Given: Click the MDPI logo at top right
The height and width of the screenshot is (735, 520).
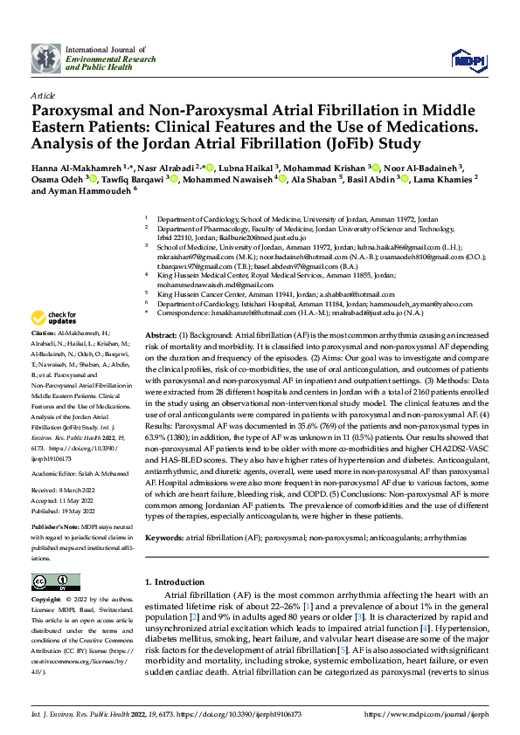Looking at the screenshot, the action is (468, 58).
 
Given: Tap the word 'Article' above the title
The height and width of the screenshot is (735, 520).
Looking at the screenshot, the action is (42, 95).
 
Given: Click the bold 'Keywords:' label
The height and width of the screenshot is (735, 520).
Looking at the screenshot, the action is (165, 539).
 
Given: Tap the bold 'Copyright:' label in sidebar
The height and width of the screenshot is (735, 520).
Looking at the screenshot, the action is (47, 601).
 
